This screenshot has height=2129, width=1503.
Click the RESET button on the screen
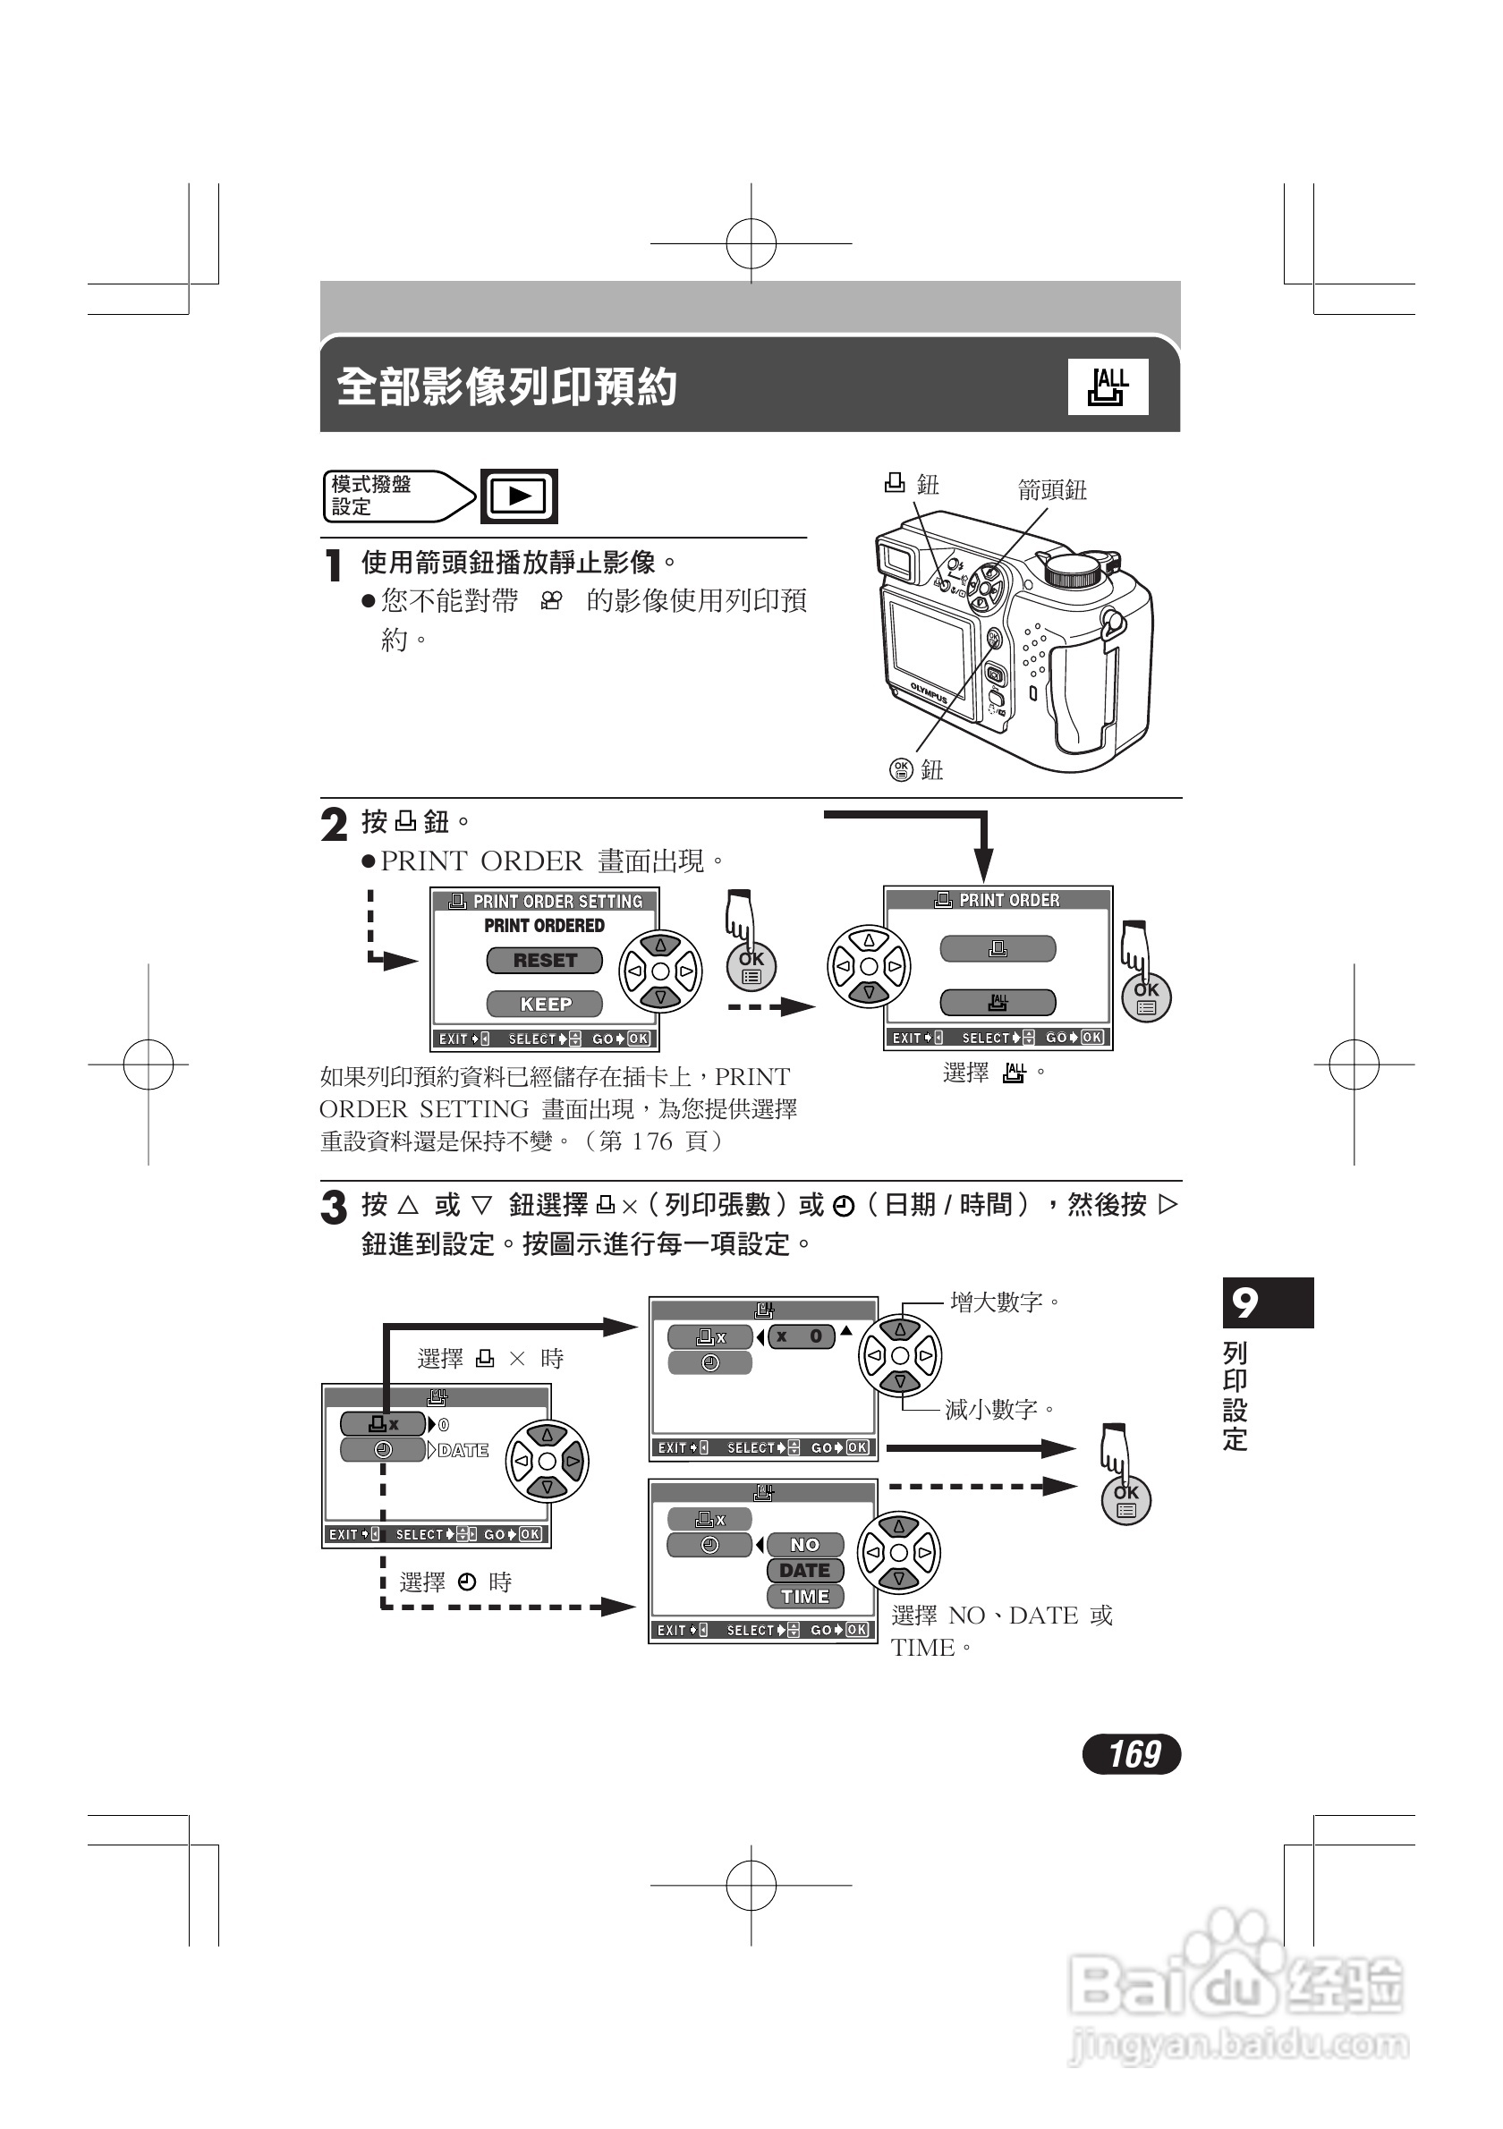544,961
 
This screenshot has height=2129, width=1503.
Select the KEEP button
544,1005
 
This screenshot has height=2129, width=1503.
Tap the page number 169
1132,1753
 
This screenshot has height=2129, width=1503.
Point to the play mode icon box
519,496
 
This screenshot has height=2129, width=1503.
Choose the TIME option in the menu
805,1597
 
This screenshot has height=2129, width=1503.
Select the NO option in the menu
805,1545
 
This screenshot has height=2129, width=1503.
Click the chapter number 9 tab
1267,1302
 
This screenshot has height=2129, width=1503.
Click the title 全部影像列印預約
506,386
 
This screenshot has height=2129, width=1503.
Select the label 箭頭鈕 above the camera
1051,489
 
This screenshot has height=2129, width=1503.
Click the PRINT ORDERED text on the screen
544,926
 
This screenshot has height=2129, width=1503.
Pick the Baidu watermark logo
1236,1993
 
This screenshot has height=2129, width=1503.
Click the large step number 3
334,1209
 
